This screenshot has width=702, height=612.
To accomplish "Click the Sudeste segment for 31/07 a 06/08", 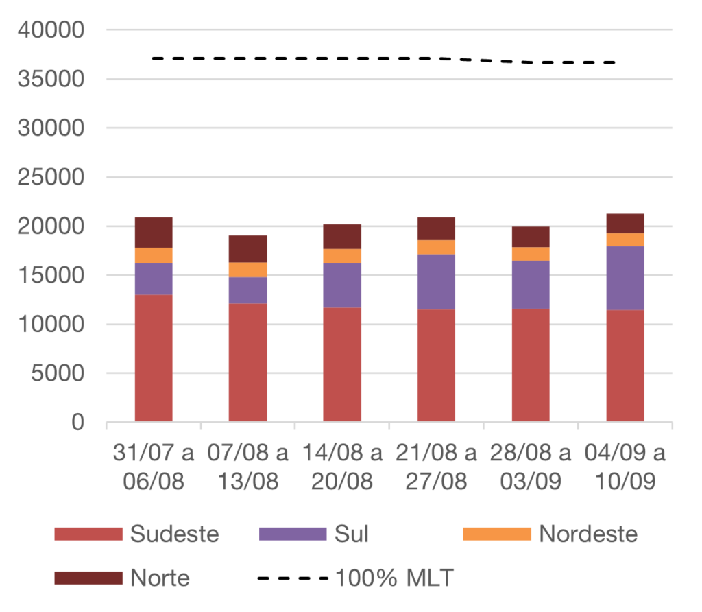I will [154, 357].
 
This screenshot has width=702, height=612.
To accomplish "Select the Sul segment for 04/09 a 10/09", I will [625, 278].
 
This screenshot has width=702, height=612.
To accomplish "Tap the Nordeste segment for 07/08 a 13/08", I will [248, 270].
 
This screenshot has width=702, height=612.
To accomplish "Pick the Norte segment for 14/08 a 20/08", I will [342, 236].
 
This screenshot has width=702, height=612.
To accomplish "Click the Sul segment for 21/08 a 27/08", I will [437, 281].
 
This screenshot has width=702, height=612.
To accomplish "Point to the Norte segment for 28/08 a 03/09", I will [531, 237].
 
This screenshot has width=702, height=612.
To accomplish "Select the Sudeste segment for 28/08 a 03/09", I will [531, 364].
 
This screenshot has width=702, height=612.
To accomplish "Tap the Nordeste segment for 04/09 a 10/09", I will [625, 239].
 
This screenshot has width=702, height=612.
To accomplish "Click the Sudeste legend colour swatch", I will [88, 534].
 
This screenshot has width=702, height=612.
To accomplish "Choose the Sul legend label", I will [351, 534].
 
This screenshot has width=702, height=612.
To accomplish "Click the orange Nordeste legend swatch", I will [497, 534].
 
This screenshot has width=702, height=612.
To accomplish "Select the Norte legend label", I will [160, 578].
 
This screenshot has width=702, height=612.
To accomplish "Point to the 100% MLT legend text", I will [394, 578].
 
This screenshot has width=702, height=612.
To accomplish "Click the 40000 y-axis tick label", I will [52, 30].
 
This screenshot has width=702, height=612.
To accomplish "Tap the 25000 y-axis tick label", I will [52, 178].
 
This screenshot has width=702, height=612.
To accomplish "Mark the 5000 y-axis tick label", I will [59, 374].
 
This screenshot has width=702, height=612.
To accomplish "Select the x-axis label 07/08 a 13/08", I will [248, 467].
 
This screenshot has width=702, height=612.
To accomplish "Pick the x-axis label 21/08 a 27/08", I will [437, 467].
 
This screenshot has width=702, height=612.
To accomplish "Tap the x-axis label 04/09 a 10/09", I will [625, 467].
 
